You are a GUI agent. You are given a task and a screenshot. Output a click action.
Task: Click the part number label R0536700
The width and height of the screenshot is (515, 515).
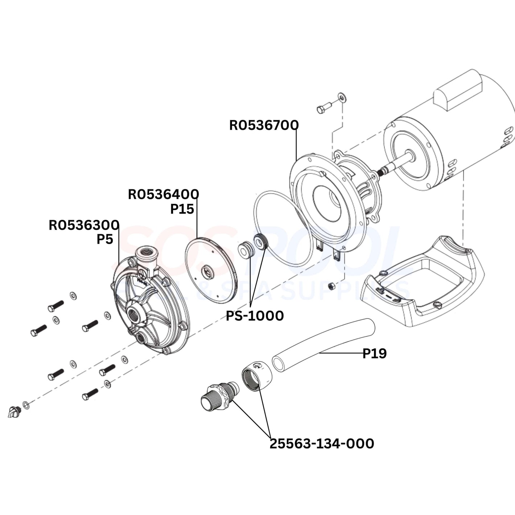(x=264, y=125)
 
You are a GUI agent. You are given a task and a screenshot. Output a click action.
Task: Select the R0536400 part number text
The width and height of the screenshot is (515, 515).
(x=163, y=195)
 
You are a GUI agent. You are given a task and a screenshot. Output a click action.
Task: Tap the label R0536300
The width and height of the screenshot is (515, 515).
(x=84, y=225)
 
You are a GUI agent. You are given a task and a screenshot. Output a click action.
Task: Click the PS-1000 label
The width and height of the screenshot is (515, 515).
(x=255, y=316)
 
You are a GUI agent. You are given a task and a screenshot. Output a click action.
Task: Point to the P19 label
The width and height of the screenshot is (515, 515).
(x=375, y=354)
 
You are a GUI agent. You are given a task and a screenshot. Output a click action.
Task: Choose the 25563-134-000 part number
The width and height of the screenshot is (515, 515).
(x=321, y=444)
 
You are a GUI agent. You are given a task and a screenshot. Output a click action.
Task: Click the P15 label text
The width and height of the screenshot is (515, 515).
(x=182, y=209)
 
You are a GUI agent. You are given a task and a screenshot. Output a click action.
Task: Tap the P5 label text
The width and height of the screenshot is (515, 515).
(x=105, y=239)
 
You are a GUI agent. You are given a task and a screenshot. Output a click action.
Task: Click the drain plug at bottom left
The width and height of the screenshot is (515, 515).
(x=13, y=412)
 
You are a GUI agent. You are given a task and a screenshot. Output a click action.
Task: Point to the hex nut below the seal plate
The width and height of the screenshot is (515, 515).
(x=331, y=286)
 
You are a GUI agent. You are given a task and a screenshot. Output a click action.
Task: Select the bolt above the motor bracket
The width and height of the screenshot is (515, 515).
(x=324, y=108)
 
